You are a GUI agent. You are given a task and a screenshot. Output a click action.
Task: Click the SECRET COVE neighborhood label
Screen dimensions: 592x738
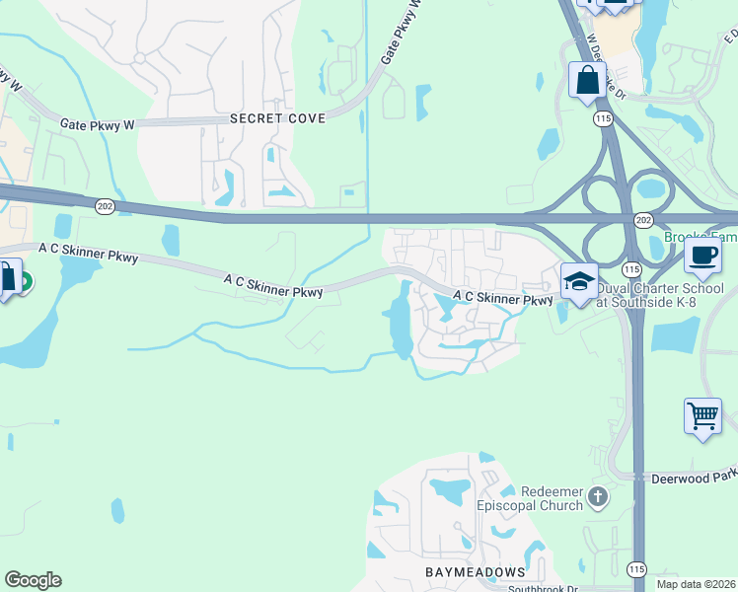click(x=277, y=118)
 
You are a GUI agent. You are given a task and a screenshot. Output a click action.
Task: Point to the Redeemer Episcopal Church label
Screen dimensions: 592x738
click(x=534, y=499)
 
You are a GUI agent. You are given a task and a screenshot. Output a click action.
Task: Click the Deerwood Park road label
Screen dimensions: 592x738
click(x=694, y=479)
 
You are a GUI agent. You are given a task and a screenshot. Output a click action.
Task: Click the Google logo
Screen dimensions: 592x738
click(x=33, y=580)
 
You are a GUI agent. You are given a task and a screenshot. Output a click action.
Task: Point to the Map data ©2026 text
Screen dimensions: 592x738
click(x=696, y=584)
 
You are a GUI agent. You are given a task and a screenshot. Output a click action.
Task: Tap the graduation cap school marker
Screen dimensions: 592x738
click(x=579, y=280)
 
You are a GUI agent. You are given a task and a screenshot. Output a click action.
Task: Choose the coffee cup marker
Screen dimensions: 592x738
click(x=702, y=255)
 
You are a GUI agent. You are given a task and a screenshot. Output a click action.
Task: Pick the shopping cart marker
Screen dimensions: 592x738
click(x=702, y=416)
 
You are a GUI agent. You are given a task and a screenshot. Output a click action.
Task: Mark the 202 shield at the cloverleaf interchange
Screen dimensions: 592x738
click(x=642, y=219)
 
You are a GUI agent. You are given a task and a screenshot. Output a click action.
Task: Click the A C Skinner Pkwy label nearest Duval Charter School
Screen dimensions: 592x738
click(x=502, y=297)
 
